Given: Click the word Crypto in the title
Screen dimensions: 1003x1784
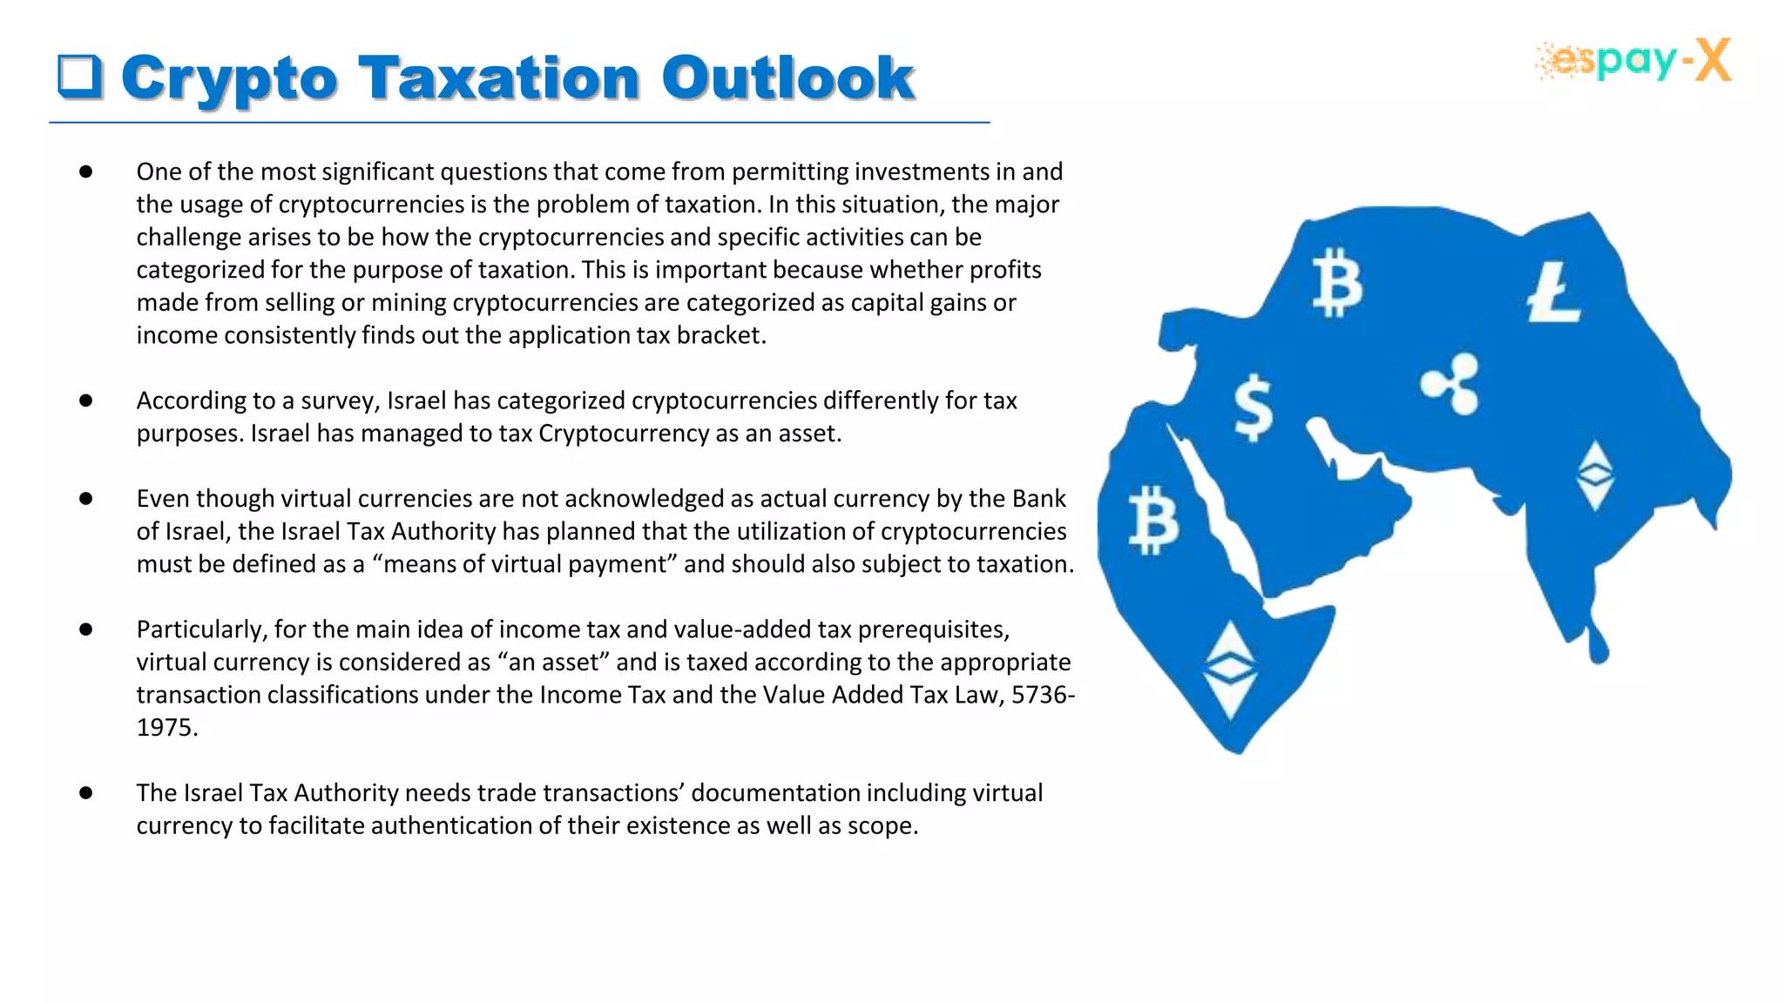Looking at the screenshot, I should point(229,78).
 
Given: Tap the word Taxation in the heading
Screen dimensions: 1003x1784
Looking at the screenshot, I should point(499,78).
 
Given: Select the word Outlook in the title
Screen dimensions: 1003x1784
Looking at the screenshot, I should point(787,78).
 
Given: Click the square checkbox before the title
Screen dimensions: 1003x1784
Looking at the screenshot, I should point(80,76).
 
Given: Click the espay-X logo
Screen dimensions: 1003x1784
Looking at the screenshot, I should point(1633,61).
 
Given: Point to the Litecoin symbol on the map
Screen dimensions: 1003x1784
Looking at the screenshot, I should point(1553,293).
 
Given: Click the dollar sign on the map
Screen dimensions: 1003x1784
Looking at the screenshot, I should point(1254,407).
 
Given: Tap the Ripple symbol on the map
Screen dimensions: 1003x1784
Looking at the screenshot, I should point(1450,384).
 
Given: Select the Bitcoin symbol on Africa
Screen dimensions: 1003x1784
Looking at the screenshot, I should point(1153,521).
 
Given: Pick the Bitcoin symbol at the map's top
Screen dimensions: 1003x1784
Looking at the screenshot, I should point(1336,283).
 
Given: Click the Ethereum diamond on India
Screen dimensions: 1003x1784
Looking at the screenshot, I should point(1596,475).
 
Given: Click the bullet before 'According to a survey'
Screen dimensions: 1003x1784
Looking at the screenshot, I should point(85,401).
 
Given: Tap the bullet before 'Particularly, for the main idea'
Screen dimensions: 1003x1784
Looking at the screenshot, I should point(85,629).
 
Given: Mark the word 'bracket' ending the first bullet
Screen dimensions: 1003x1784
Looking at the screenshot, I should point(721,336).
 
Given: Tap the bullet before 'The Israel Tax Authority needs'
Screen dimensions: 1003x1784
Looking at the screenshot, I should point(85,793).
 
